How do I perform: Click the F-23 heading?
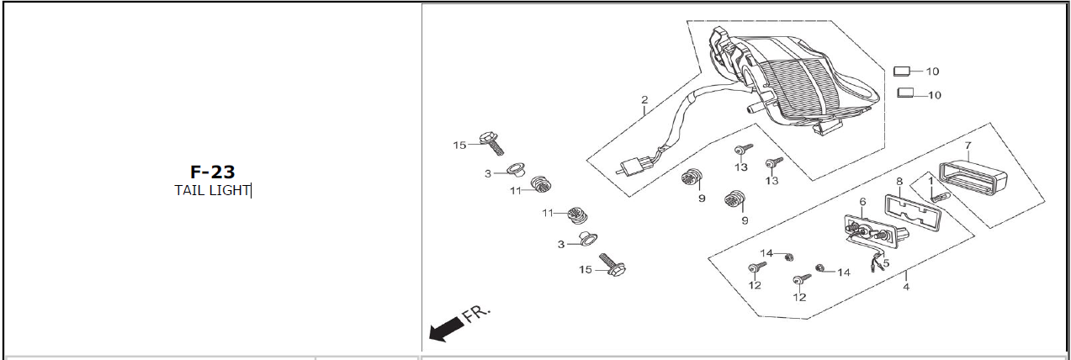(x=212, y=172)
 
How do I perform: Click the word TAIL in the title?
(x=189, y=190)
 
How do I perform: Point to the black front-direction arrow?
(x=445, y=329)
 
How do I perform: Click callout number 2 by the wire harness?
(x=644, y=100)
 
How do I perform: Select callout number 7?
(x=968, y=146)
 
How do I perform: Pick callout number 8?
(x=899, y=181)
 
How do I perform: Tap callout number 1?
(x=931, y=180)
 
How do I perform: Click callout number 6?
(x=862, y=201)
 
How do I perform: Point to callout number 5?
(x=886, y=262)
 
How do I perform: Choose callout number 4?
(x=906, y=287)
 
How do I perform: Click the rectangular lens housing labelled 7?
(x=976, y=176)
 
